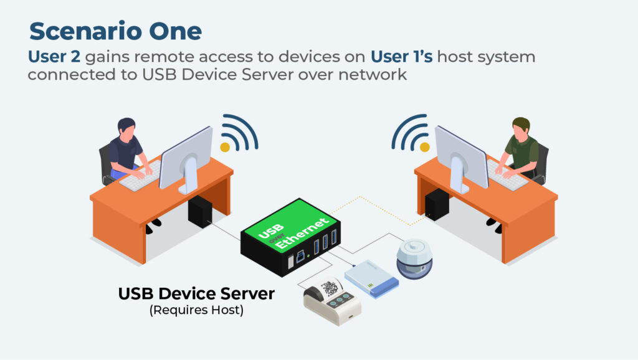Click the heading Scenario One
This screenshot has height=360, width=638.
click(115, 32)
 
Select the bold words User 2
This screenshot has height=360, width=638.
click(54, 57)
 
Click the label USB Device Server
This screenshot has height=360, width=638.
click(196, 293)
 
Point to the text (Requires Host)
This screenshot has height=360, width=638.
click(196, 310)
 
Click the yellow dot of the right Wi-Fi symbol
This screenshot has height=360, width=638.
click(424, 147)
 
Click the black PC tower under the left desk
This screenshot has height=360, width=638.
click(201, 211)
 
